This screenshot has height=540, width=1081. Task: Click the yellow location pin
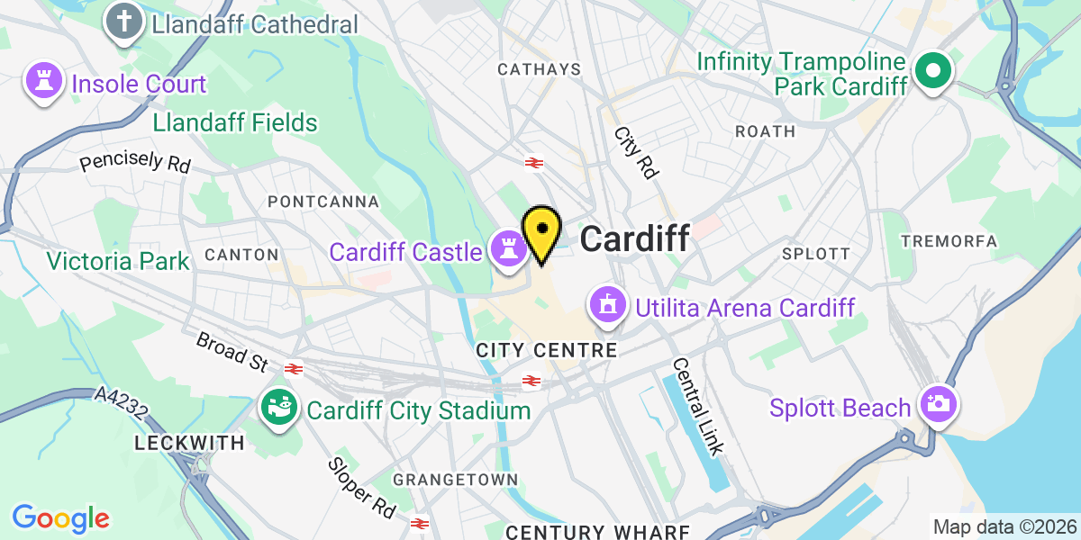tap(541, 231)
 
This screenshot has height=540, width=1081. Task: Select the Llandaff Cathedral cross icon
tap(124, 23)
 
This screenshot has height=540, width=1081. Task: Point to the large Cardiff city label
tap(635, 238)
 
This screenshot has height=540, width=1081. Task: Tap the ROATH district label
tap(765, 131)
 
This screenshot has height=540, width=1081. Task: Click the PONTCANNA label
tap(323, 202)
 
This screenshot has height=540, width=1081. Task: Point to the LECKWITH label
tap(189, 443)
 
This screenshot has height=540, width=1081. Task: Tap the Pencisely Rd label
tap(135, 162)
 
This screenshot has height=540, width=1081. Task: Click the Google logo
tap(60, 518)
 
